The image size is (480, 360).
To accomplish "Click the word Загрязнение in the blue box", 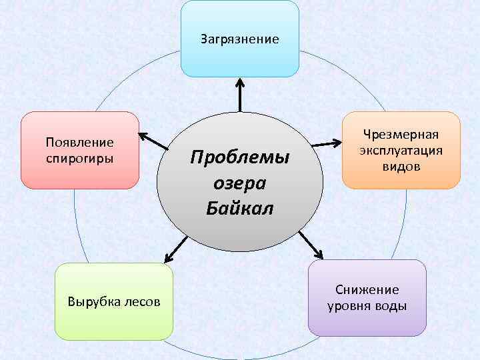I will click(240, 39).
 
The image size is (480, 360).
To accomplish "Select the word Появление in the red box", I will click(79, 142).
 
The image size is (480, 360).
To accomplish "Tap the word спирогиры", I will click(79, 159).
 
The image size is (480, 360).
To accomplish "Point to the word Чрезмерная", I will click(401, 135).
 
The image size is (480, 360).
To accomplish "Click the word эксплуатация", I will click(401, 150).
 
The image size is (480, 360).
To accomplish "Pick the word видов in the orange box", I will click(401, 166).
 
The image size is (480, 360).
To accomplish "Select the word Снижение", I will click(367, 289).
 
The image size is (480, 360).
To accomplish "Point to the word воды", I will click(390, 306).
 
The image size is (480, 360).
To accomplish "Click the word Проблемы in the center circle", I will click(240, 159).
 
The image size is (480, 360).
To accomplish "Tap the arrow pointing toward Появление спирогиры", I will click(153, 140).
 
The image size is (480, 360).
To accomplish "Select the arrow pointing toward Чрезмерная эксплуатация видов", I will click(327, 143).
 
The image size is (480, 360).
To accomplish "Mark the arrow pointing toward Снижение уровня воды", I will click(311, 245).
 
